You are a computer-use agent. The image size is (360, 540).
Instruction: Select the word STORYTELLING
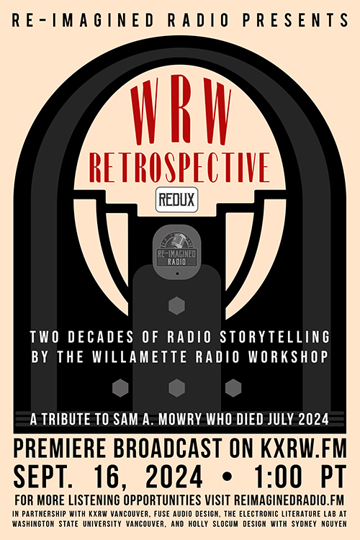(276, 338)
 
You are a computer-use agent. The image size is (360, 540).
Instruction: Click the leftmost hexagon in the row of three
(122, 388)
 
